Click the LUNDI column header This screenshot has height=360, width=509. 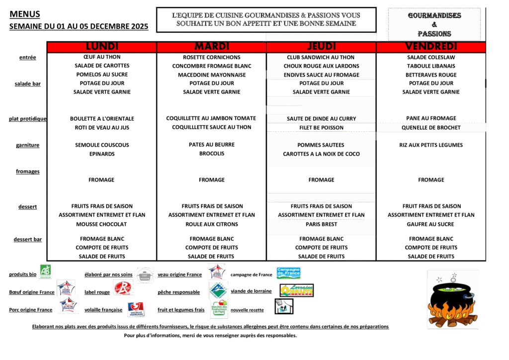(102, 47)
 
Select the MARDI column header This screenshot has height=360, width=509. (212, 47)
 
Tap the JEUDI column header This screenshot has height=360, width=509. (321, 47)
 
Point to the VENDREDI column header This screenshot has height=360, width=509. (431, 47)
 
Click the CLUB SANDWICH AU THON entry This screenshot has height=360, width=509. (321, 58)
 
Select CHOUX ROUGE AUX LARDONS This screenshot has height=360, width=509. (321, 66)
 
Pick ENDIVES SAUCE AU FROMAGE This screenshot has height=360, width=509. (321, 75)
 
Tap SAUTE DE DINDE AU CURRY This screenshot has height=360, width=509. (321, 119)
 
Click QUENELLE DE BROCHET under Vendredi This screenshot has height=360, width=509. (431, 128)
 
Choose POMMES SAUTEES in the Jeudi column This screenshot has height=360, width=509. (321, 145)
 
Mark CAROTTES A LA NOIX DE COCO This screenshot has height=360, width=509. (321, 154)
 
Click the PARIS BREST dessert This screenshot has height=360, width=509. (321, 224)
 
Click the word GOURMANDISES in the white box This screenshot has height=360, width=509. (434, 15)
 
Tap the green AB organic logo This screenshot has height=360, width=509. (45, 271)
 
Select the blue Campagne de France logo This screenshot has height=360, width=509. (288, 273)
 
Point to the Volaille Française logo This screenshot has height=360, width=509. (136, 309)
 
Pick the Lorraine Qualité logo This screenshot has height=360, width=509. (297, 290)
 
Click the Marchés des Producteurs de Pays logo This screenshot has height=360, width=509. (219, 309)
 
